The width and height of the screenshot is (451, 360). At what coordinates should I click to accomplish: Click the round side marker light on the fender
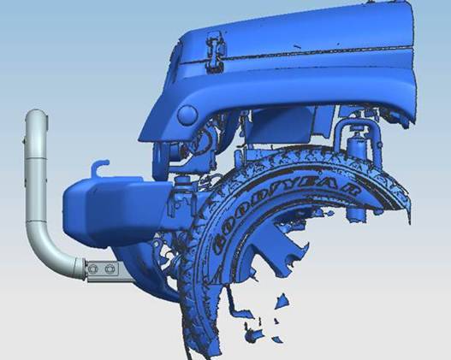tap(187, 115)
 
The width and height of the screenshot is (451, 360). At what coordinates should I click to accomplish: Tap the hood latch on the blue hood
tap(215, 51)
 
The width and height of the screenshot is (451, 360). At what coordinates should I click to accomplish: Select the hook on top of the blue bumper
tap(99, 168)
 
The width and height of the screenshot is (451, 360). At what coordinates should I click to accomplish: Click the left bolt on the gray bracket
tap(93, 269)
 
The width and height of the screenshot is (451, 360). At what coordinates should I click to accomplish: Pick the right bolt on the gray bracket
tap(110, 269)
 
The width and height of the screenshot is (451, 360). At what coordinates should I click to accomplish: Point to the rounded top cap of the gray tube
tap(37, 115)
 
